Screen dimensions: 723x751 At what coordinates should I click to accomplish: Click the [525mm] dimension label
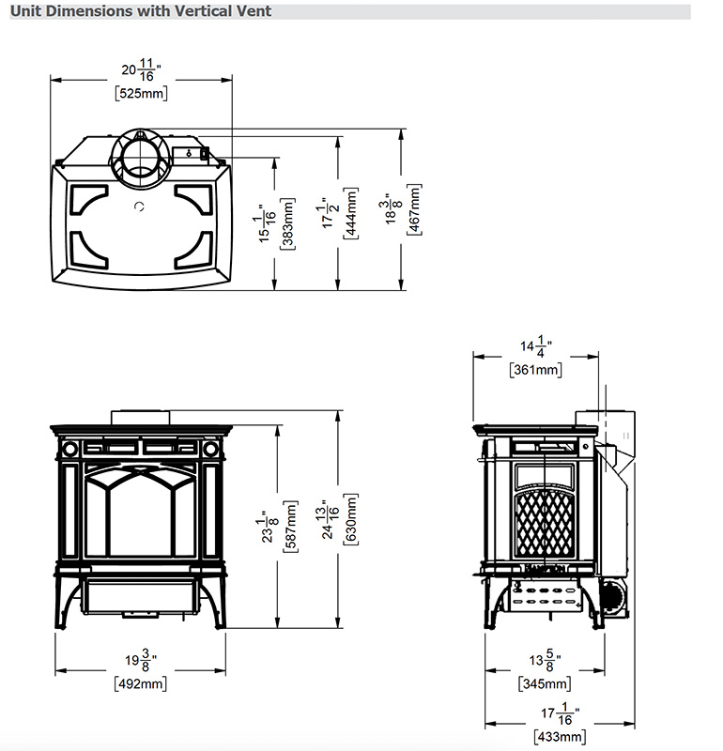[142, 93]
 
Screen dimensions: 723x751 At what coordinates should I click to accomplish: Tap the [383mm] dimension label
[288, 223]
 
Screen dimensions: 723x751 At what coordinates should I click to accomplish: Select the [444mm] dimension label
[351, 213]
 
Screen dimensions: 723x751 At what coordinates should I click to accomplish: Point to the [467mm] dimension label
[414, 209]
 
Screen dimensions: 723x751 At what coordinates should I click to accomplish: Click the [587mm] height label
[290, 527]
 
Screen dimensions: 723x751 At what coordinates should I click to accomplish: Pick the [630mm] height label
[351, 519]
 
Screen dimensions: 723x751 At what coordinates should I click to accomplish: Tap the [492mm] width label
[141, 683]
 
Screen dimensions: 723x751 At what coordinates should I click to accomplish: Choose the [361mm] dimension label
[535, 370]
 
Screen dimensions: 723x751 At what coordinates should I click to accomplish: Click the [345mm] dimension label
[545, 683]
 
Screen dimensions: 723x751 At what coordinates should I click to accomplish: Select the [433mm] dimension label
[560, 736]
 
